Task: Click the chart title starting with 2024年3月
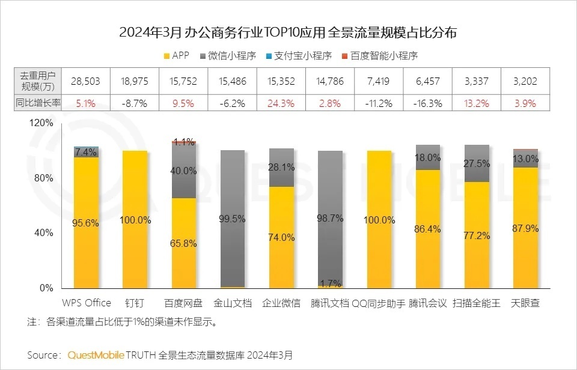click(x=288, y=32)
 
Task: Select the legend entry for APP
click(x=176, y=56)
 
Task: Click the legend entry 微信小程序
click(x=227, y=56)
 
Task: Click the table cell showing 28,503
click(x=85, y=81)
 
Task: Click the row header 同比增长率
click(x=38, y=103)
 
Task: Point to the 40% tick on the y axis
click(x=44, y=233)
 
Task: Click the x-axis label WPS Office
click(x=87, y=303)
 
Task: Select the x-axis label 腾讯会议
click(x=428, y=303)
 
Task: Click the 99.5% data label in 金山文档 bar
click(x=233, y=219)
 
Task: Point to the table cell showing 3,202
click(x=525, y=81)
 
